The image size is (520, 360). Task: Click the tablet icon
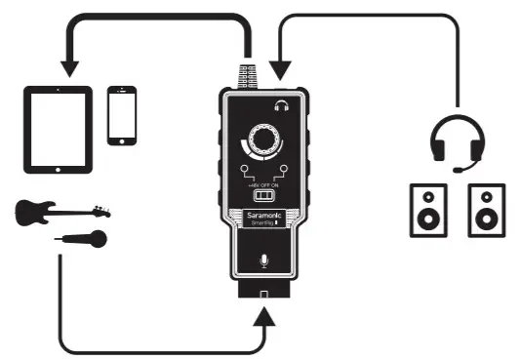(x=58, y=129)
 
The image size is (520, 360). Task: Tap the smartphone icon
(x=121, y=115)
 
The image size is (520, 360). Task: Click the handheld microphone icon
(x=84, y=236)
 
